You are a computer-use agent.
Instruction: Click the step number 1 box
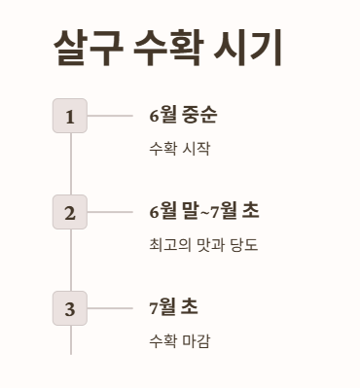coord(70,117)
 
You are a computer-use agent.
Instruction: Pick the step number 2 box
coord(70,212)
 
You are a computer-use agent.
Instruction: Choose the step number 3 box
coord(70,308)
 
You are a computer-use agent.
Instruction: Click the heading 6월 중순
coord(183,116)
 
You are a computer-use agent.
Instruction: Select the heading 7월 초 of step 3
coord(173,307)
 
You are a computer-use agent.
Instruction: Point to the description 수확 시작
coord(179,149)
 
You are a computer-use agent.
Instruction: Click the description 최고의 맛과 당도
coord(202,245)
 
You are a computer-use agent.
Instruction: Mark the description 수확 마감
coord(179,341)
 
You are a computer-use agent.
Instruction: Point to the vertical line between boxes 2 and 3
coord(70,260)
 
